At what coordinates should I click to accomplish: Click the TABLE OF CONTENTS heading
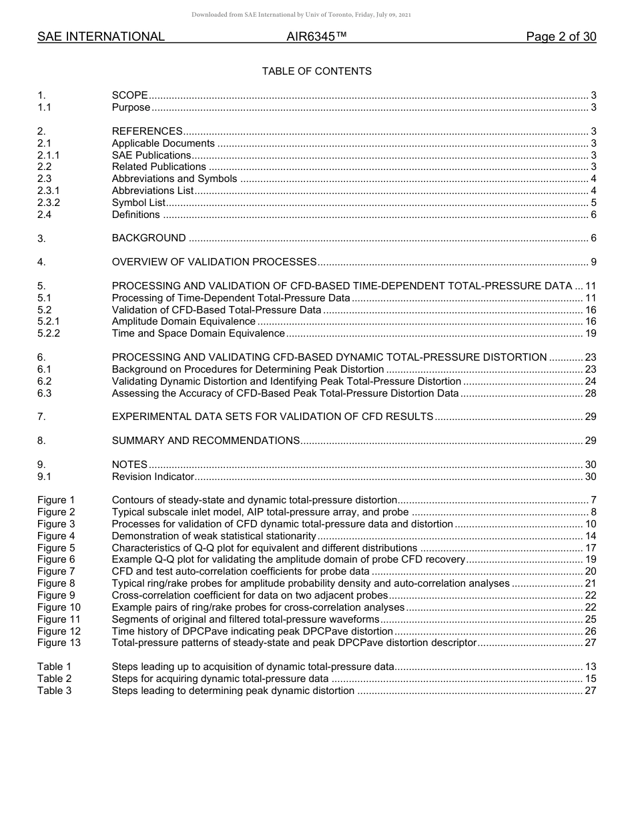[316, 71]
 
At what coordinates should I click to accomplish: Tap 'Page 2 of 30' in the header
[561, 37]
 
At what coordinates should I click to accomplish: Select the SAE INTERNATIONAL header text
[101, 37]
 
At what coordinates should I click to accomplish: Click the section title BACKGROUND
[149, 238]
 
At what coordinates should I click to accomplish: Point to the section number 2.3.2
[49, 203]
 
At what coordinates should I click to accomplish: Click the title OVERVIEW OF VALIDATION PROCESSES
[214, 262]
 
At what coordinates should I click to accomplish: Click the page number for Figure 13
[590, 643]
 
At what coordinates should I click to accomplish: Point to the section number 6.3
[45, 393]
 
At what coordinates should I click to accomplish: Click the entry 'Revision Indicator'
[153, 477]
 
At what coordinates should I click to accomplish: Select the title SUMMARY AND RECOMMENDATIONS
[206, 441]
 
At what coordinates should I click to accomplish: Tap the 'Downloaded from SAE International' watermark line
[301, 15]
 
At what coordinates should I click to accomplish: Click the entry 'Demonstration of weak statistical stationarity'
[214, 536]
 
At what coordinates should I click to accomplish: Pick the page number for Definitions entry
[593, 215]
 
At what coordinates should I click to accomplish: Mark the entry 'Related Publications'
[159, 167]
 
